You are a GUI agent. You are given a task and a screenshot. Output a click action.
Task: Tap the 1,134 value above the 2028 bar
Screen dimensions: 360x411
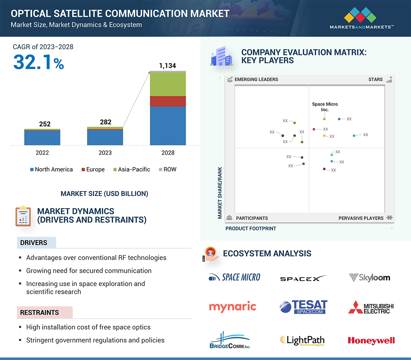point(168,66)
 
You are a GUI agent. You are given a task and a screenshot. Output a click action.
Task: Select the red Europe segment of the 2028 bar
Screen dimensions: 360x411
point(168,101)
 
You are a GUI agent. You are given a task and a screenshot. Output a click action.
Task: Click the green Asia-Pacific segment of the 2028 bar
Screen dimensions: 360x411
point(168,84)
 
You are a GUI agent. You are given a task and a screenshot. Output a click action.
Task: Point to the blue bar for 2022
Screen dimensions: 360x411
point(42,138)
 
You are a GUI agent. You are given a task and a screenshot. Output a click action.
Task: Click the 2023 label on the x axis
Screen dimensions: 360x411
point(105,153)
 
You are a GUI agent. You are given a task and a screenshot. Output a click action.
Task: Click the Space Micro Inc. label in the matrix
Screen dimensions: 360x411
point(325,107)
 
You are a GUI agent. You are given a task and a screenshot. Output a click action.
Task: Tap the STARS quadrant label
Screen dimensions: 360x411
point(376,79)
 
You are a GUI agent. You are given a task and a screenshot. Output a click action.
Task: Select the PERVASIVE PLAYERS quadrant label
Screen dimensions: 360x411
point(361,218)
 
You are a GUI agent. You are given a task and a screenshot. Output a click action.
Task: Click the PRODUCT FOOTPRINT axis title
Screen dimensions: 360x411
point(251,228)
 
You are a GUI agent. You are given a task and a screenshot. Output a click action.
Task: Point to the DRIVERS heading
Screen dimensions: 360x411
point(34,242)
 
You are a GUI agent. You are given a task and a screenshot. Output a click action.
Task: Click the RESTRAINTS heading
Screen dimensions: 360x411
point(40,312)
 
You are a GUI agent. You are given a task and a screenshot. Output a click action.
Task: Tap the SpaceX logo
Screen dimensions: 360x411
point(303,279)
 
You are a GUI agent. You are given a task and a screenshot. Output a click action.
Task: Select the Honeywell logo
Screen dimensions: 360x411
point(371,340)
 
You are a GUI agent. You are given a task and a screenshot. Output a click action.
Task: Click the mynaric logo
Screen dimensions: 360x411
point(233,307)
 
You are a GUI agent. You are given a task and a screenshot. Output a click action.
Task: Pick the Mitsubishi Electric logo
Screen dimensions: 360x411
point(371,307)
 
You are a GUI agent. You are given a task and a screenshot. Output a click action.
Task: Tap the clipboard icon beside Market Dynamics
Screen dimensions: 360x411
point(23,216)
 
